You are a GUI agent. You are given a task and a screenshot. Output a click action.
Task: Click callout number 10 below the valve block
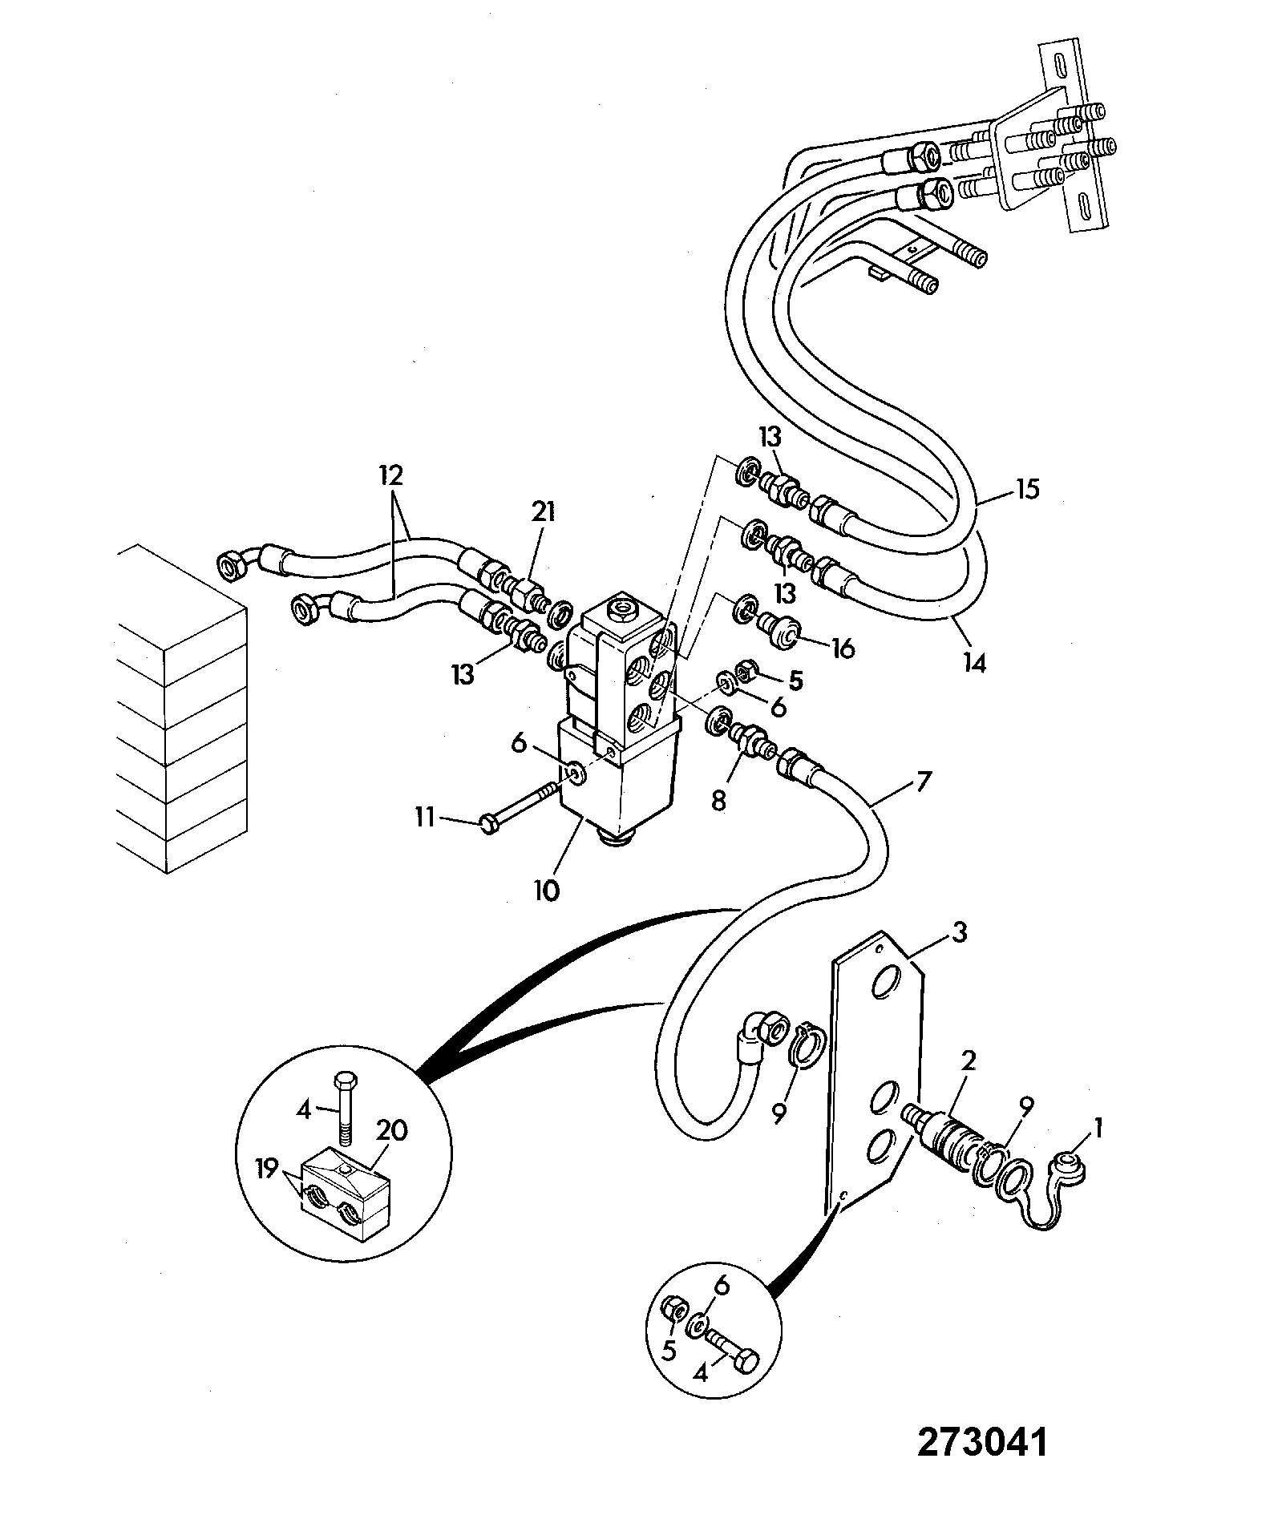pyautogui.click(x=547, y=891)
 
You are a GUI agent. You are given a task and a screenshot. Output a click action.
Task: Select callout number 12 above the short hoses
pyautogui.click(x=393, y=475)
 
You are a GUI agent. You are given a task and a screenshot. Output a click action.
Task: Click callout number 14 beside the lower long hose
pyautogui.click(x=974, y=662)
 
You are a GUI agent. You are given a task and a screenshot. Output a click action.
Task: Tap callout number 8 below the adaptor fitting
pyautogui.click(x=718, y=800)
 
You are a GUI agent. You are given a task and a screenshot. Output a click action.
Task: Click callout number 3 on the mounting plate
pyautogui.click(x=959, y=931)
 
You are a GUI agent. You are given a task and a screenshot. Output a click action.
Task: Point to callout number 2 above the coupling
pyautogui.click(x=969, y=1061)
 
